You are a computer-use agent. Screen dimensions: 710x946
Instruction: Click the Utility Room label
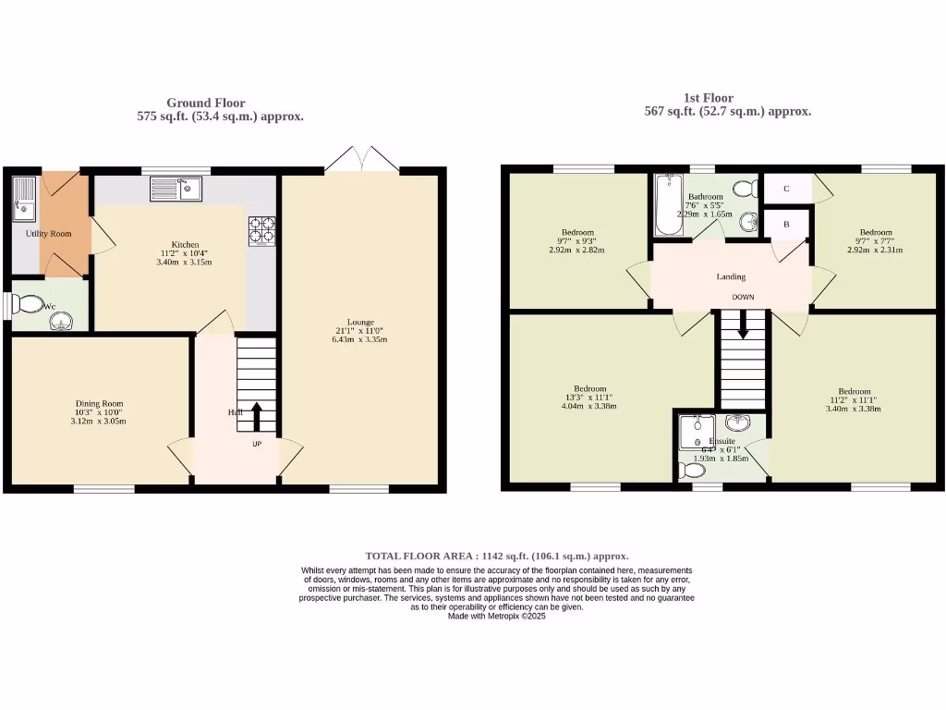[48, 234]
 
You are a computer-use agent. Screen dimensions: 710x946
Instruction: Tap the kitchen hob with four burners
[261, 229]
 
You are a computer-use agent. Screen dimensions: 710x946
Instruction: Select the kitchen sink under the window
[176, 190]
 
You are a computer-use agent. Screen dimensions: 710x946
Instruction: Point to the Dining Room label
[99, 404]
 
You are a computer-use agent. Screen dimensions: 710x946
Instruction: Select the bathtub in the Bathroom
[666, 203]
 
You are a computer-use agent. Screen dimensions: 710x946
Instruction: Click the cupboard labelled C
[786, 189]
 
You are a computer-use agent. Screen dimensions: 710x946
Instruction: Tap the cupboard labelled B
[786, 224]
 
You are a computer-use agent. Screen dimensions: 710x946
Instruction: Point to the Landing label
[731, 276]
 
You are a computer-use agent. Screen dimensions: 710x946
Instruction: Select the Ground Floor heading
[205, 103]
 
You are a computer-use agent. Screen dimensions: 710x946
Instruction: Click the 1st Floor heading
[708, 98]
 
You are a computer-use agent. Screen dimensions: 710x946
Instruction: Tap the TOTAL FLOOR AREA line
[496, 556]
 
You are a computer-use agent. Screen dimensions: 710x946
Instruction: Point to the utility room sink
[22, 200]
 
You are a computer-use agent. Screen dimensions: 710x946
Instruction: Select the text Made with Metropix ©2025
[496, 616]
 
